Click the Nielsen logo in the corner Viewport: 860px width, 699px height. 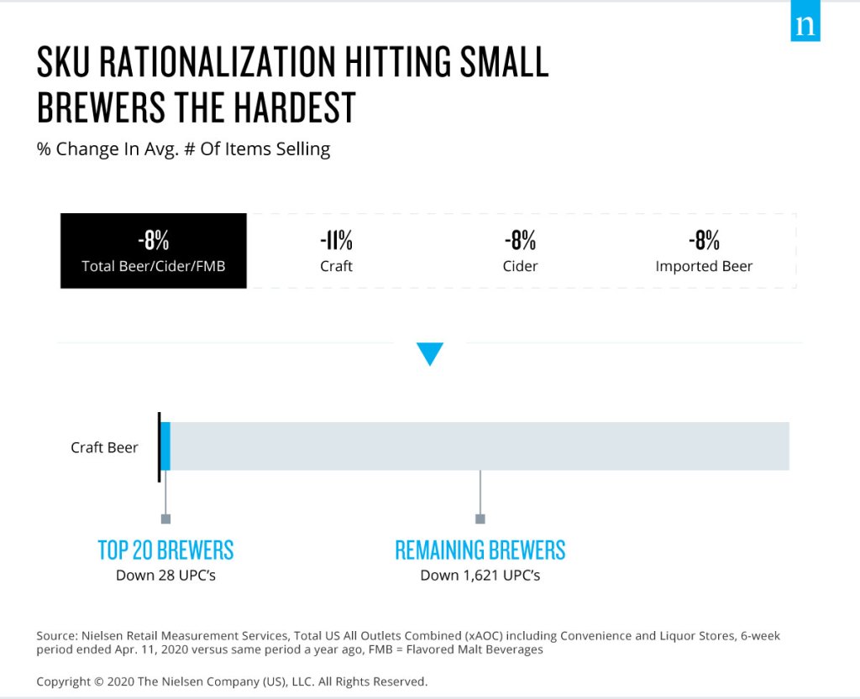(805, 21)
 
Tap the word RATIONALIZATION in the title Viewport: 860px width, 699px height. (218, 61)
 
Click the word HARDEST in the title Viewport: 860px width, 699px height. (296, 107)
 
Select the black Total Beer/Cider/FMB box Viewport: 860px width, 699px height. (154, 251)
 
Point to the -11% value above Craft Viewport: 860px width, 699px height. (336, 240)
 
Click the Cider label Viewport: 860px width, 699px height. (520, 266)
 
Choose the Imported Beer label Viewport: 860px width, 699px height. (704, 266)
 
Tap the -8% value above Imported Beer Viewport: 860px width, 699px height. (705, 240)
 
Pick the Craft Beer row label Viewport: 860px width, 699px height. (104, 447)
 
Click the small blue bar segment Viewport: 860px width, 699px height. (165, 446)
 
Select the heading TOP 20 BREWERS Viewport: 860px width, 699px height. (165, 550)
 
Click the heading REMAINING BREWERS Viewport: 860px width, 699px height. (480, 550)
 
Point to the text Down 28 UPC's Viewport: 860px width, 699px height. (165, 575)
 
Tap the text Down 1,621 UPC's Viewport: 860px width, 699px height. (480, 575)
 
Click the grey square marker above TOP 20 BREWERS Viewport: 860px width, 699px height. (165, 519)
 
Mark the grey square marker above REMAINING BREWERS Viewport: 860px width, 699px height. (480, 519)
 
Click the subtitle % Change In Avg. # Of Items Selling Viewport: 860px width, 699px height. (183, 149)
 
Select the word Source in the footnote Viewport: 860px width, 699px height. (56, 636)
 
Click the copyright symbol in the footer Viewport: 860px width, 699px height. (99, 682)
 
